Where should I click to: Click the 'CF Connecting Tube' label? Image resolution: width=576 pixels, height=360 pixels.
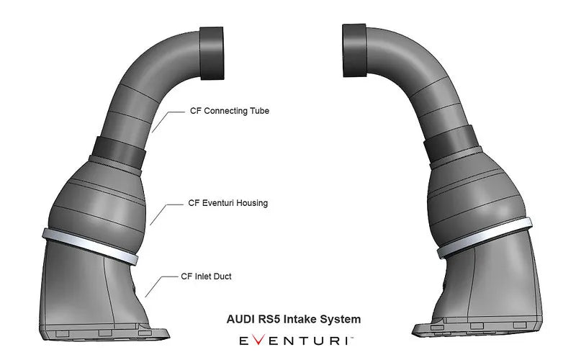229,111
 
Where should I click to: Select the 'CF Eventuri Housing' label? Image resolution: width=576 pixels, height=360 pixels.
228,203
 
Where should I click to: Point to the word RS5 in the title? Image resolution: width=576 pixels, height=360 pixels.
266,318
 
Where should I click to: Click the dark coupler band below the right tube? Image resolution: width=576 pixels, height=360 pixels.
444,151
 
